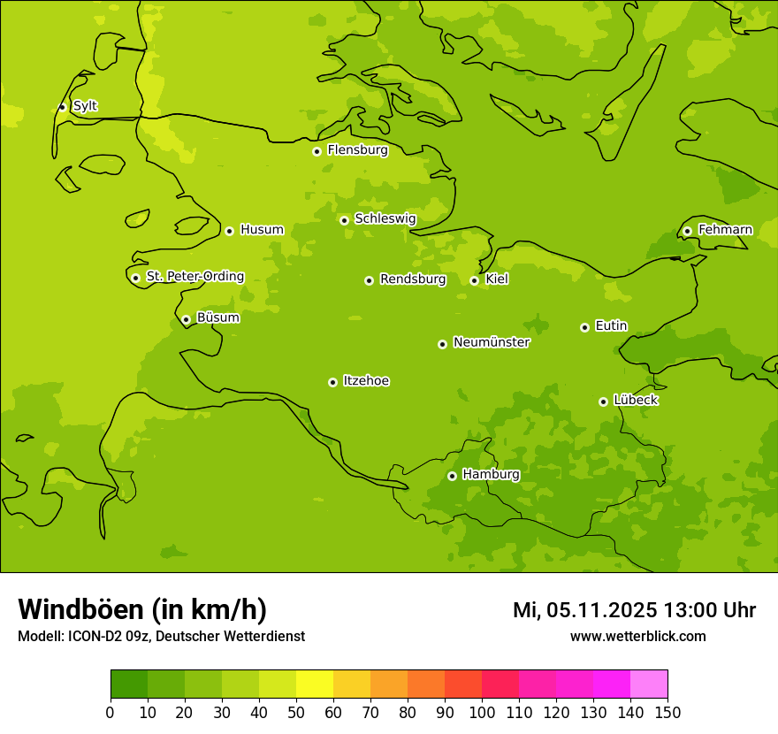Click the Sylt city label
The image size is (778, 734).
click(x=85, y=106)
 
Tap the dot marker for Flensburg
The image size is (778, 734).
click(x=317, y=151)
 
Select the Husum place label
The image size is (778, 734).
click(x=262, y=230)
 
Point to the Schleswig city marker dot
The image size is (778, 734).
click(x=344, y=220)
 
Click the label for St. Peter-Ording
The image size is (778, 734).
click(x=195, y=277)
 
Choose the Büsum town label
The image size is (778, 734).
click(x=217, y=317)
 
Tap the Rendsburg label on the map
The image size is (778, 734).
click(x=413, y=279)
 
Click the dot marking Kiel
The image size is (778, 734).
click(x=474, y=280)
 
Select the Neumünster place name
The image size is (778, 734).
click(x=492, y=342)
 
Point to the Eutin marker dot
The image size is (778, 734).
click(x=584, y=327)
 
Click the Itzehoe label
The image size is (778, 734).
click(x=366, y=381)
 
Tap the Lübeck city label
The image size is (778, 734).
click(x=636, y=401)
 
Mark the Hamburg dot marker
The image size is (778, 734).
click(x=452, y=476)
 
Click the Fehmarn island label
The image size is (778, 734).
click(x=725, y=230)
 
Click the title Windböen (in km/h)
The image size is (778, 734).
click(x=142, y=609)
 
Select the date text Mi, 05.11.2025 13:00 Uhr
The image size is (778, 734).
click(x=634, y=610)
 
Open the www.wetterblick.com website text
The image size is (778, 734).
click(x=637, y=636)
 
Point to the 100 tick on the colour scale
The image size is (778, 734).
click(x=482, y=713)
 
